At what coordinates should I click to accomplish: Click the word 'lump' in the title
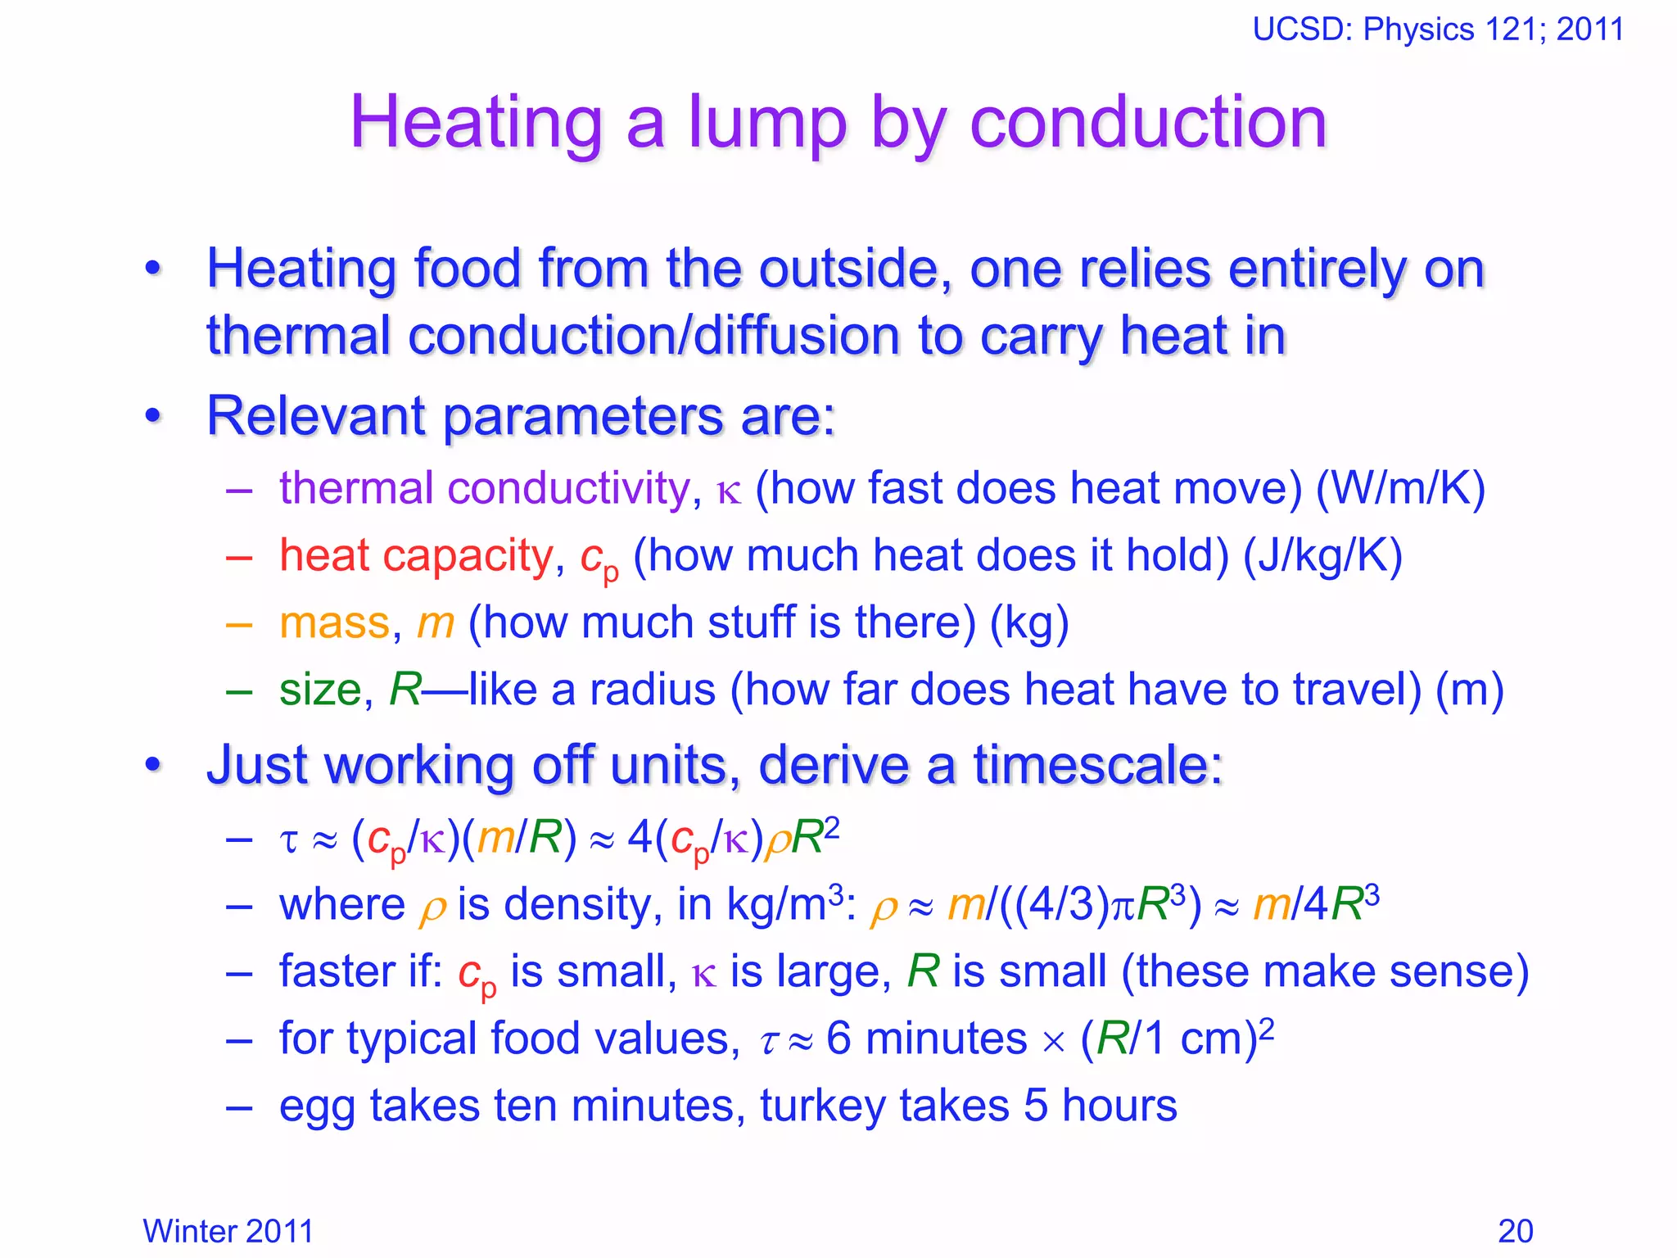(x=766, y=123)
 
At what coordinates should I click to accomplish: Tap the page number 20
(x=1515, y=1231)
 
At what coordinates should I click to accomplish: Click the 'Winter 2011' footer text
(x=228, y=1231)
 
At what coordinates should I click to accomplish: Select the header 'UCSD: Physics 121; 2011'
(x=1438, y=29)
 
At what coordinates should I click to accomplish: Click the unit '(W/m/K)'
(x=1400, y=489)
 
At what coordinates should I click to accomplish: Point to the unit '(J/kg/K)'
(x=1322, y=556)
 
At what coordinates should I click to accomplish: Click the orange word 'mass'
(x=334, y=623)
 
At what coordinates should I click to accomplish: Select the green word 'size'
(x=320, y=690)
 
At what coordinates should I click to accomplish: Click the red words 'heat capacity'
(x=416, y=556)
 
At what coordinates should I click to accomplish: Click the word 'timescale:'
(x=1097, y=766)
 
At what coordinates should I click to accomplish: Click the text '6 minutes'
(x=926, y=1039)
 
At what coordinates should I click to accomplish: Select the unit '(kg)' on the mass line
(x=1029, y=623)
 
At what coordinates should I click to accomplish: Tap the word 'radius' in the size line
(x=653, y=690)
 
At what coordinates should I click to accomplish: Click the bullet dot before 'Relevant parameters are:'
(x=153, y=417)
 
